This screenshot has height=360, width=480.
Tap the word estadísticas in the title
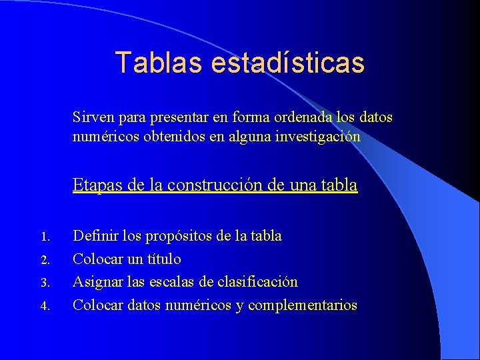tap(288, 63)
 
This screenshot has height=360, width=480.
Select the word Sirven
tap(93, 118)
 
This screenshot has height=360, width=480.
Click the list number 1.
tap(45, 237)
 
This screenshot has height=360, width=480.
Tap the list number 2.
tap(45, 259)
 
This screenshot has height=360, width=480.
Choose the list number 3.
tap(45, 283)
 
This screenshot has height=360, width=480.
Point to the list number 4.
tap(45, 306)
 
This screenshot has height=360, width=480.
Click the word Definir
tap(93, 236)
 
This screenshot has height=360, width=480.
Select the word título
tap(163, 259)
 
